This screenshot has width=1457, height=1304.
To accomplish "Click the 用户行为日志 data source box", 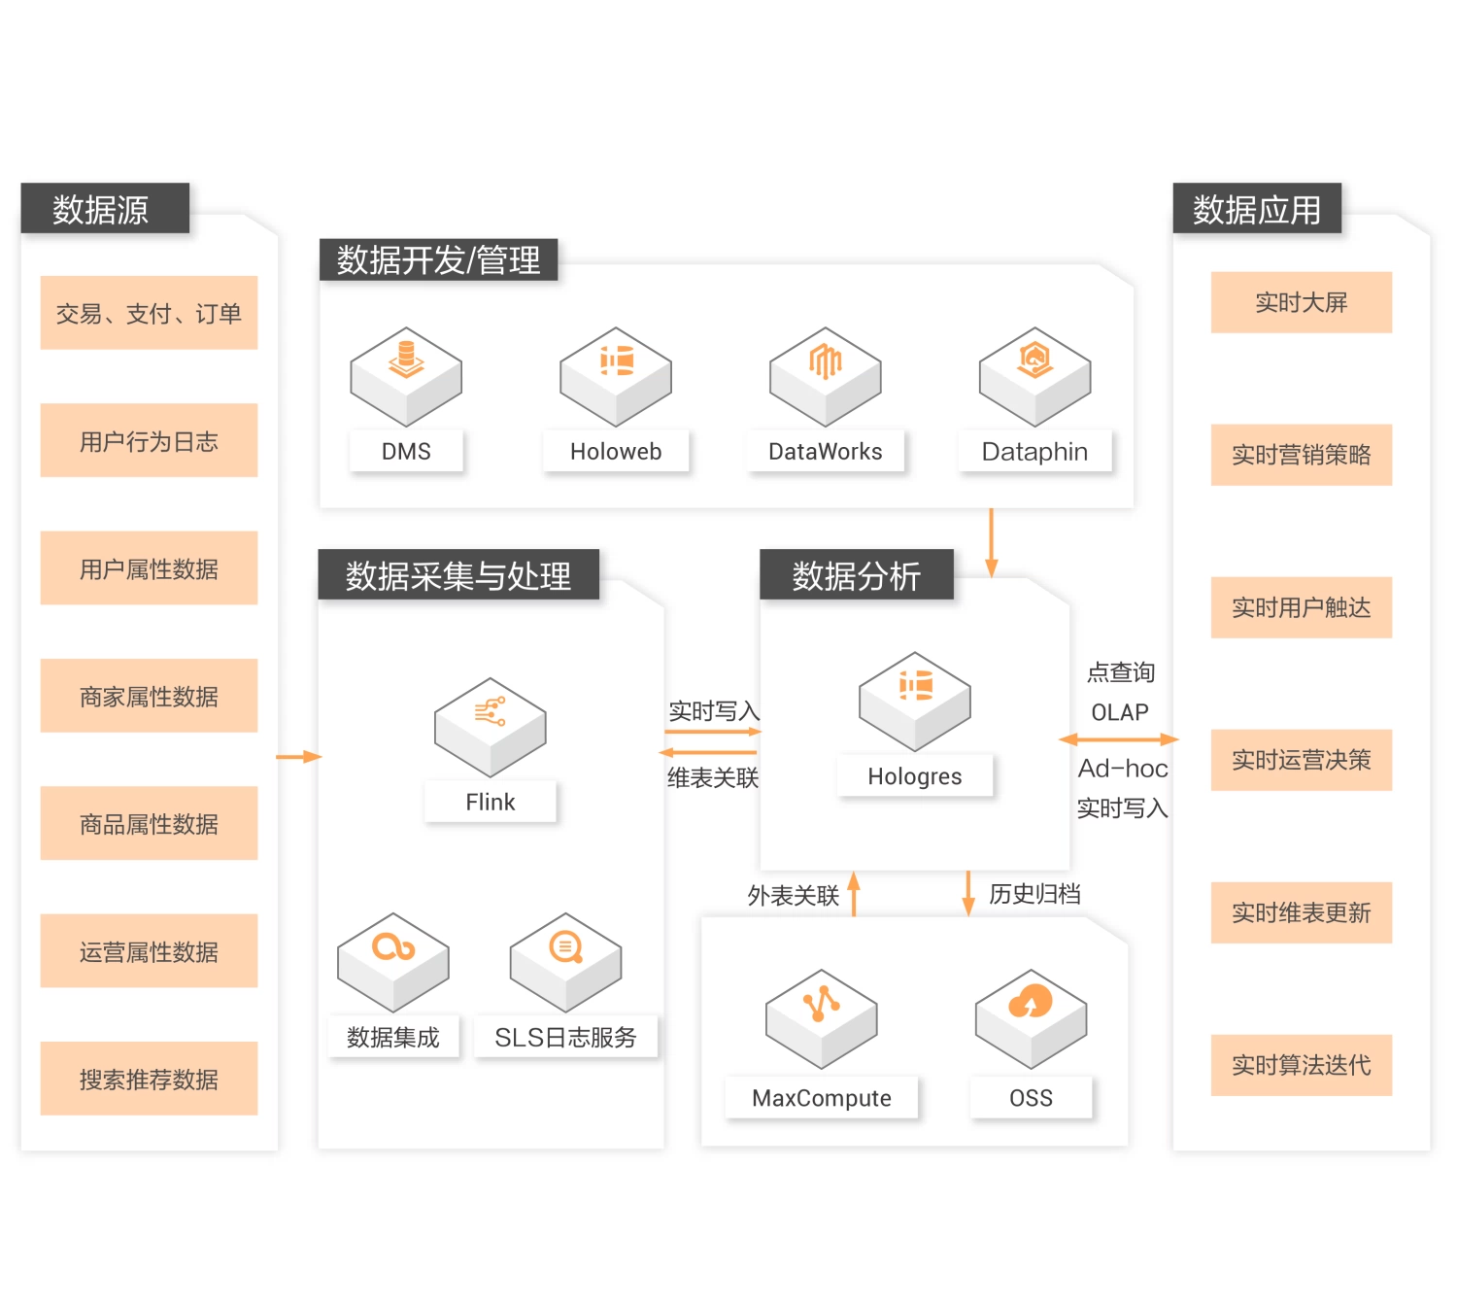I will [x=149, y=441].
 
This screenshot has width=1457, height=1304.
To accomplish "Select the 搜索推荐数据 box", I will [x=149, y=1079].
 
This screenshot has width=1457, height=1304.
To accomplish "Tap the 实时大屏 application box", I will [x=1301, y=302].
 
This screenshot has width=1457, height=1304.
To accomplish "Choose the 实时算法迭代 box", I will [x=1301, y=1065].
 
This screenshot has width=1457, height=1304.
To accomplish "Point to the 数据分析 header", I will [x=856, y=575].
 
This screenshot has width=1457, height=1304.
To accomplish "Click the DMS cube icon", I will [x=406, y=375].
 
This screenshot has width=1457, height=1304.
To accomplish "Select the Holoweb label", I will [x=616, y=452].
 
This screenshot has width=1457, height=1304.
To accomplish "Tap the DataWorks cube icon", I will [x=825, y=375].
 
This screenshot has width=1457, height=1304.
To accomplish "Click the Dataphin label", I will [x=1034, y=452].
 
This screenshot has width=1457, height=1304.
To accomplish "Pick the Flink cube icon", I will [x=491, y=725].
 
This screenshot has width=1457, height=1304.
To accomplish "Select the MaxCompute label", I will [x=821, y=1098].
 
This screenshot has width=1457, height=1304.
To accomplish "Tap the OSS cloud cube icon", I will [x=1031, y=1016].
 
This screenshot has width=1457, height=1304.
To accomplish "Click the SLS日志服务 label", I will [x=565, y=1038].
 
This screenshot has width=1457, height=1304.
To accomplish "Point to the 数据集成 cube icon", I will [x=393, y=960].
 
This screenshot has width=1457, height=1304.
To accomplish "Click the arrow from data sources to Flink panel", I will [x=298, y=756].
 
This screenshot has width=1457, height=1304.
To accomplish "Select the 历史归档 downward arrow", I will [x=968, y=893].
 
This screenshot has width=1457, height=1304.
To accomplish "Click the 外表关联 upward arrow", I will [x=854, y=893].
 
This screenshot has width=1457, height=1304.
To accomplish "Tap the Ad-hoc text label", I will [x=1122, y=769].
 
